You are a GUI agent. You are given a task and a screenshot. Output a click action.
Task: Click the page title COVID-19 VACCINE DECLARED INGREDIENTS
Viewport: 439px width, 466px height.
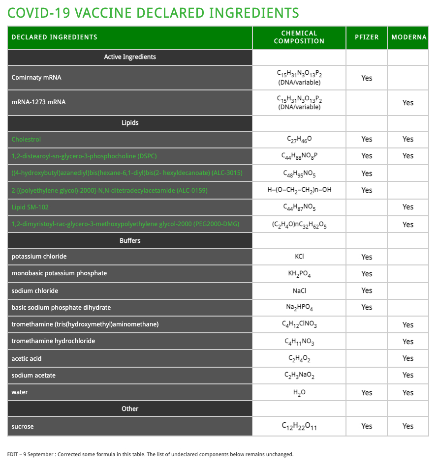153,12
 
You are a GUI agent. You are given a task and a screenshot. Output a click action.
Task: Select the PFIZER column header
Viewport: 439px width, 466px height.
367,37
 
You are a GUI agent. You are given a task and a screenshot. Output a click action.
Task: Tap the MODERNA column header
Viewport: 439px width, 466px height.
408,37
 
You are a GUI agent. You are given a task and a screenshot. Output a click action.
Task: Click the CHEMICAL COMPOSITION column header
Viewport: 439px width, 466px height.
299,37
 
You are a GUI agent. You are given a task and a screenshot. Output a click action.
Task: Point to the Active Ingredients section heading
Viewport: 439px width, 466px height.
130,57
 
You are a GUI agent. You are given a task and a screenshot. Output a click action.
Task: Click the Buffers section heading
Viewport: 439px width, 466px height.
130,241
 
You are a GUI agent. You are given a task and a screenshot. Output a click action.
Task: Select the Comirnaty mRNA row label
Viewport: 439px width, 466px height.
36,78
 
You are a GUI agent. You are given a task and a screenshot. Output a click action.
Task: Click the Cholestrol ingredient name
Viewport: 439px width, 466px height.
26,140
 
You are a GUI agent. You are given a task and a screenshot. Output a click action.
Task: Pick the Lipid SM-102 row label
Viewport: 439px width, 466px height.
30,207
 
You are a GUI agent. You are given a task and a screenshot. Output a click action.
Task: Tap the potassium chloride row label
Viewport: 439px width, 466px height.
39,257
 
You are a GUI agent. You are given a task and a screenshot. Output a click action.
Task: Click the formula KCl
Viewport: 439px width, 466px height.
299,257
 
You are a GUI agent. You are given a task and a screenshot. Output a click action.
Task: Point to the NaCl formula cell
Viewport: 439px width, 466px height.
299,291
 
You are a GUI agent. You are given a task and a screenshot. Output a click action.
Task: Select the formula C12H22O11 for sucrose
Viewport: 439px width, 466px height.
299,426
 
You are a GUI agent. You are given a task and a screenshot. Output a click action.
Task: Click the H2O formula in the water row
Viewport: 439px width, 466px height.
299,392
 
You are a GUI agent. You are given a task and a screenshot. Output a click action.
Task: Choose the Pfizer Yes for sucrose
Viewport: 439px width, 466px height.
367,426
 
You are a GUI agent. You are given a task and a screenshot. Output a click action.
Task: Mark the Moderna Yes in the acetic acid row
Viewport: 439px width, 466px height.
408,358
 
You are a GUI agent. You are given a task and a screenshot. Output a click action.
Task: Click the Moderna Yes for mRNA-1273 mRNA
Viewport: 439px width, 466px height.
408,103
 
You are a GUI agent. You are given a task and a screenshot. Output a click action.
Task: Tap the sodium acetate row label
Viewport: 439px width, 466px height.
33,376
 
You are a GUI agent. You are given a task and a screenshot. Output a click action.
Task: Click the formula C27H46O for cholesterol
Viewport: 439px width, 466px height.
299,140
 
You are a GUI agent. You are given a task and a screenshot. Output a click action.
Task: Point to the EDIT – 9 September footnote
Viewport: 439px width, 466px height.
150,454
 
